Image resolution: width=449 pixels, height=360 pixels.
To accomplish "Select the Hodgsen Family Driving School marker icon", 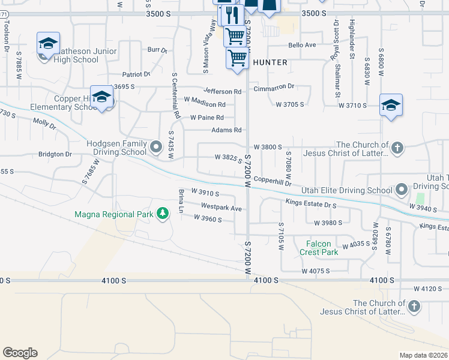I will pos(156,146).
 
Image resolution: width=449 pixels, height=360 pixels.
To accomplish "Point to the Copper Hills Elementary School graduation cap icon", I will pos(102,97).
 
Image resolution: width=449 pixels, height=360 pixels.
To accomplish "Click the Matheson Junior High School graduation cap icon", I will pos(48,43).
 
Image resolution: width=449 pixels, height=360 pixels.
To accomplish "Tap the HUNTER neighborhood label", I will pos(270,62).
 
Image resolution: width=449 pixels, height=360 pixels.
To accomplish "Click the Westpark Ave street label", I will pos(221,208).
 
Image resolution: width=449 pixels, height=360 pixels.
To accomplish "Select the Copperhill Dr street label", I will pos(272,181).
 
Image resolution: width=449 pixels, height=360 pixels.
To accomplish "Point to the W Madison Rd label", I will pos(205,104).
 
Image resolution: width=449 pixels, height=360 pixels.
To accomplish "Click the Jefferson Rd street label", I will pos(226,92).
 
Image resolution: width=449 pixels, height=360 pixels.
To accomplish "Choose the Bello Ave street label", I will pos(301,45).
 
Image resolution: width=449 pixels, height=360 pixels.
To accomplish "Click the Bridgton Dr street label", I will pos(55,154).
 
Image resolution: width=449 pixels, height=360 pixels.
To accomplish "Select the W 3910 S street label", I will pos(205,193).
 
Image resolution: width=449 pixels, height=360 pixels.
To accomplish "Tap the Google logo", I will pos(20,353).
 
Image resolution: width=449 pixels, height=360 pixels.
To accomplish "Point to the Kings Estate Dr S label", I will pos(311,204).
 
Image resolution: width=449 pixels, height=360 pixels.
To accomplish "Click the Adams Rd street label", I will pos(226,130).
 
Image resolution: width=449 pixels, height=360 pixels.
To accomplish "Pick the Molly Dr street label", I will pos(44,124).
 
